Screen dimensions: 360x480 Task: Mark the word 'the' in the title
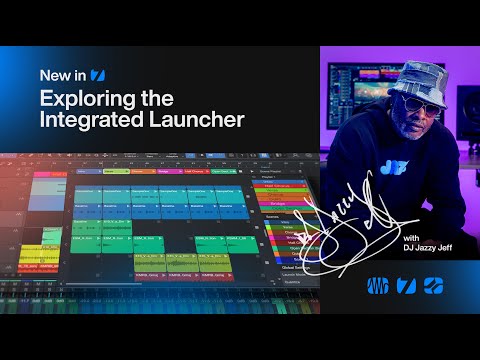[155, 99]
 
